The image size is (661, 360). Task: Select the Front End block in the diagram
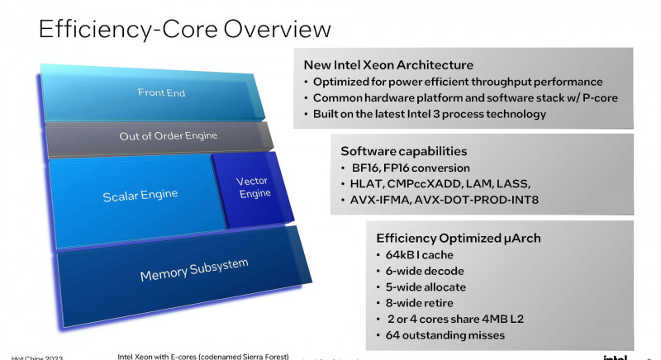(161, 92)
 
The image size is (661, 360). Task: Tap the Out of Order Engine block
(157, 136)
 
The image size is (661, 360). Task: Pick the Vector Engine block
(253, 187)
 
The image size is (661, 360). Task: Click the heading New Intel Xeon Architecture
(388, 64)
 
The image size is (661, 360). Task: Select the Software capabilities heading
(403, 151)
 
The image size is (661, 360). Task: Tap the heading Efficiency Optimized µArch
(458, 238)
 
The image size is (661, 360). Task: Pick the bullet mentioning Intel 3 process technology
(430, 114)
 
